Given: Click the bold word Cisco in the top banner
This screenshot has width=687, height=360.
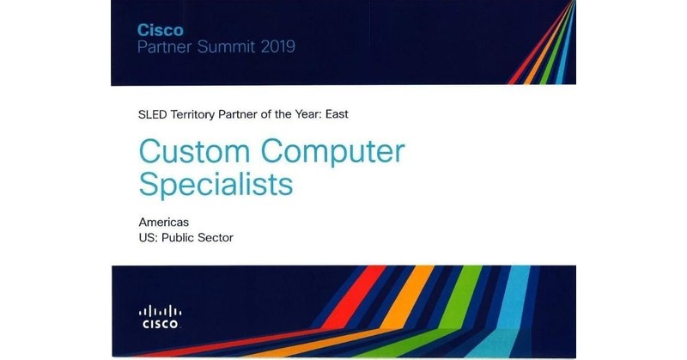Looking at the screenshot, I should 160,29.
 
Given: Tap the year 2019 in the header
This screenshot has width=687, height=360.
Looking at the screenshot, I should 273,46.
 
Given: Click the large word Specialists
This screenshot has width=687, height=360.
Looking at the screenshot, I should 215,185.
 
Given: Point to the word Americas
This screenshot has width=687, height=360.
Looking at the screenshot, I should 163,223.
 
